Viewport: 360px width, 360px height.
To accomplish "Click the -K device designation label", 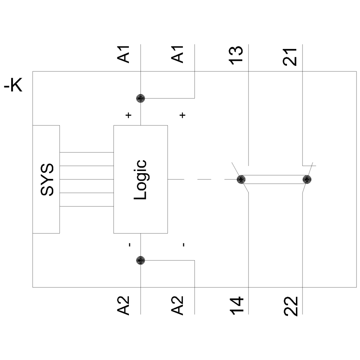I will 13,87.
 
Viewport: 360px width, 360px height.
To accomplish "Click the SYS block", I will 46,179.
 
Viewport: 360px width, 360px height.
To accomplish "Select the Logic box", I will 140,179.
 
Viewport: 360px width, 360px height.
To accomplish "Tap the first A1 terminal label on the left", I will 125,55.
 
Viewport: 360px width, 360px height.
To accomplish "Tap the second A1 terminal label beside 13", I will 179,55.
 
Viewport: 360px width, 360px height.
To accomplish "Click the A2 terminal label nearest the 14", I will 179,306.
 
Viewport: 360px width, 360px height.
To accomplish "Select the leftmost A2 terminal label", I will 125,306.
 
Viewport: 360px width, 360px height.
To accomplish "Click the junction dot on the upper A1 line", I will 140,98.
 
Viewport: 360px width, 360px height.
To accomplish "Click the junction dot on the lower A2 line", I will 140,260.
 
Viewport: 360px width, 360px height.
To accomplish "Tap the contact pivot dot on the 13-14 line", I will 241,179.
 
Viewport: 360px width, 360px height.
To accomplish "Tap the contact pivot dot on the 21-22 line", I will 306,179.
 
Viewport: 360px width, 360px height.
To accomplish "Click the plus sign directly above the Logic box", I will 129,116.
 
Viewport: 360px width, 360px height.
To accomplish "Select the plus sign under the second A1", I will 183,116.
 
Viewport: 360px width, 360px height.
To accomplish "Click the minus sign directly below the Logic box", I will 129,245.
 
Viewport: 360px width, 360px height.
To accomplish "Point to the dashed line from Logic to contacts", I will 202,179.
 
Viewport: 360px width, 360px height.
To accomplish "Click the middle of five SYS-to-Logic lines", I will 86,179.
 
